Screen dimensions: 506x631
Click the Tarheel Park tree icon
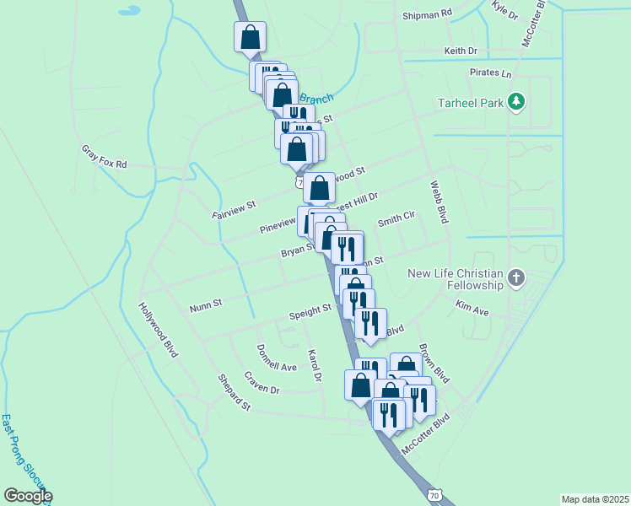(516, 103)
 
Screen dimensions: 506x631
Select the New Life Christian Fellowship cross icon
(516, 277)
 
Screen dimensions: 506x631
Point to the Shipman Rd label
(428, 13)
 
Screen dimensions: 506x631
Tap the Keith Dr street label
(461, 51)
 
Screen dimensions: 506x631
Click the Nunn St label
(205, 304)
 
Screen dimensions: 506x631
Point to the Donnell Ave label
(277, 357)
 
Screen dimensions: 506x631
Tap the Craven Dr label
(262, 382)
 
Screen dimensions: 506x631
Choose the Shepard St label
(235, 393)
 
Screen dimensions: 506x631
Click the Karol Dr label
(315, 365)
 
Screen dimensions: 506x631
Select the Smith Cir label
(396, 218)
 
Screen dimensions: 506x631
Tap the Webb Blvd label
(437, 202)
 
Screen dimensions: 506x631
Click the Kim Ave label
(472, 306)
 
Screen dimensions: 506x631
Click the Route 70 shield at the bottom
(433, 492)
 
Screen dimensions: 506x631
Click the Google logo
(27, 496)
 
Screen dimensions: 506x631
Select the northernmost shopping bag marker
(250, 37)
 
